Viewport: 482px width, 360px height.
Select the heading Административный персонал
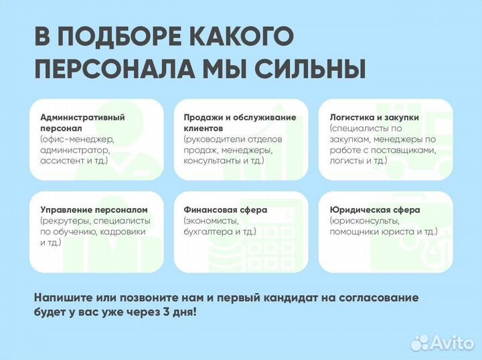click(x=82, y=122)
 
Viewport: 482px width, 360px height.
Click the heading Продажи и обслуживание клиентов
click(x=240, y=122)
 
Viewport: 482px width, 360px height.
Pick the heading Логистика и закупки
click(x=374, y=117)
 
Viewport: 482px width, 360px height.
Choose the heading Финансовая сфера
click(x=226, y=209)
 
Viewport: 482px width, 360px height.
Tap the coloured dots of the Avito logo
click(x=419, y=343)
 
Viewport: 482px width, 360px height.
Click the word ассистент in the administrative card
click(x=63, y=161)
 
